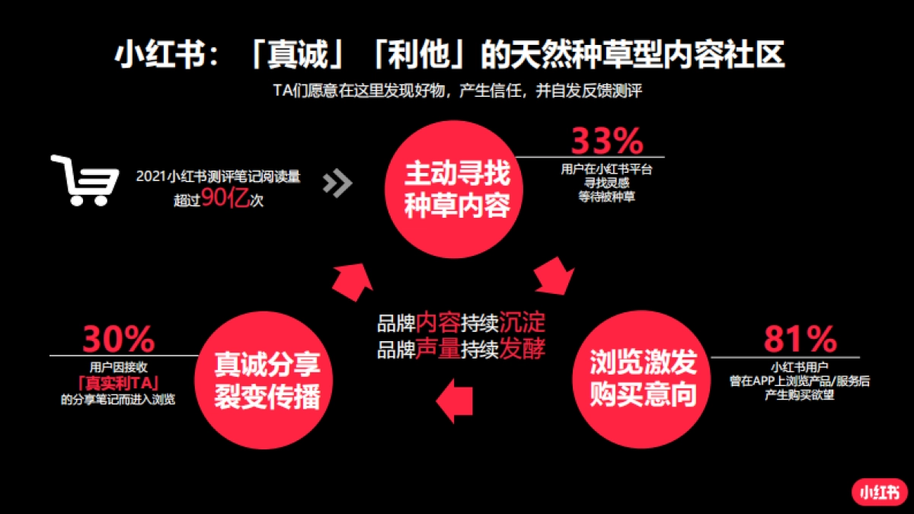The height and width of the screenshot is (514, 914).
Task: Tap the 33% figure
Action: coord(607,141)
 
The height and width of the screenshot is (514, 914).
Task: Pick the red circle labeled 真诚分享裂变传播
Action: coord(267,379)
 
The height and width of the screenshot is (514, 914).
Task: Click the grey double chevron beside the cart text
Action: coord(337,183)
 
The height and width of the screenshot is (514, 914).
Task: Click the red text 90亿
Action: coord(225,200)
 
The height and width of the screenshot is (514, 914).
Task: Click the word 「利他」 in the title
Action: coord(421,56)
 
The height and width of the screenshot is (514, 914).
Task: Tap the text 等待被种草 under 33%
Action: coord(607,196)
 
